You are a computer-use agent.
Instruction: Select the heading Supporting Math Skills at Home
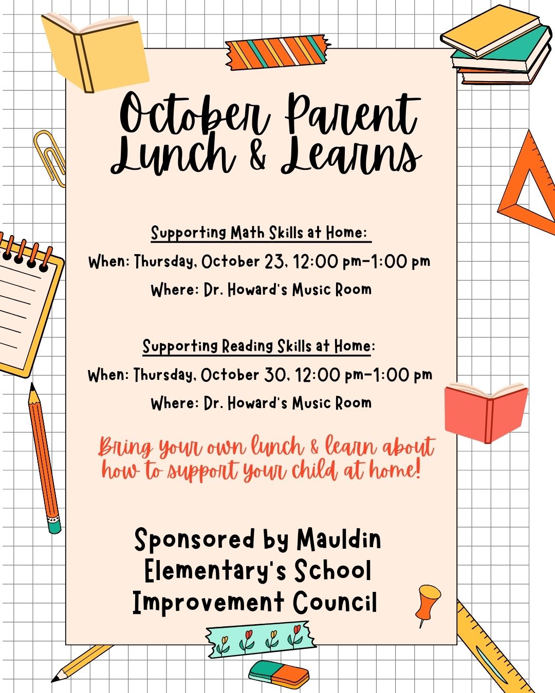(x=260, y=233)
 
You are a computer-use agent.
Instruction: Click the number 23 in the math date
(x=275, y=262)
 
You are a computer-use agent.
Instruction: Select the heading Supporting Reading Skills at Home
(x=258, y=346)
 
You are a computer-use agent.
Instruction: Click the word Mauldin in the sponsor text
(x=339, y=540)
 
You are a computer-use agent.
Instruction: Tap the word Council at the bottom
(x=335, y=603)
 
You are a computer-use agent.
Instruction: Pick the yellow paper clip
(x=50, y=157)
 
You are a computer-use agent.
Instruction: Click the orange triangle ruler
(x=529, y=185)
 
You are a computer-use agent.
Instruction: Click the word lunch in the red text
(x=277, y=447)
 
